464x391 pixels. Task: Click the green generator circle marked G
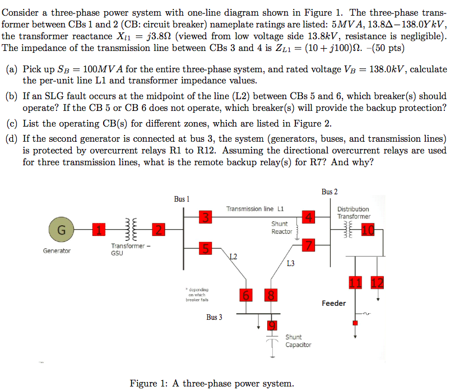coord(62,229)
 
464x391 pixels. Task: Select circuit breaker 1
coord(99,229)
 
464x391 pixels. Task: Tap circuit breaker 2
coord(159,229)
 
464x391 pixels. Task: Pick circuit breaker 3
coord(206,217)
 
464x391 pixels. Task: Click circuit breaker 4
coord(308,217)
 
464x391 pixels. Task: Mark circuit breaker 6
coord(245,295)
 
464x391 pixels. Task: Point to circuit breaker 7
coord(308,244)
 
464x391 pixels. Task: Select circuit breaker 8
coord(270,295)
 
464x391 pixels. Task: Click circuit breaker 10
coord(368,229)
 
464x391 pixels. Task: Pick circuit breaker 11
coord(355,282)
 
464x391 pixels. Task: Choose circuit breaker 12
coord(378,282)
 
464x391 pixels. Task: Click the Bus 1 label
coord(182,199)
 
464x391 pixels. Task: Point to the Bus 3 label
coord(214,317)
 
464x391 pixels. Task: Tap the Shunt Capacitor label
coord(298,341)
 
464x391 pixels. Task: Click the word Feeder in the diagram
coord(333,303)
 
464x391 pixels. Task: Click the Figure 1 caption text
coord(211,383)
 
